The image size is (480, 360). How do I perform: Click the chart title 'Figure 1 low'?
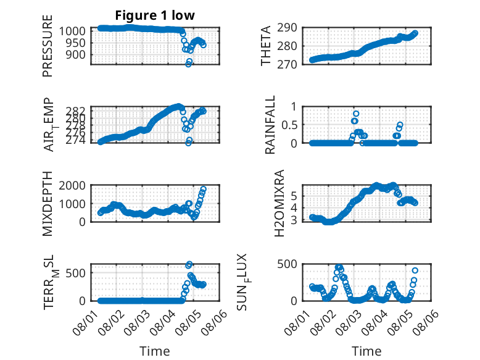pyautogui.click(x=155, y=15)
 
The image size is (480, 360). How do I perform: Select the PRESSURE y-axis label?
pyautogui.click(x=48, y=46)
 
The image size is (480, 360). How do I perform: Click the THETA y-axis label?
pyautogui.click(x=266, y=46)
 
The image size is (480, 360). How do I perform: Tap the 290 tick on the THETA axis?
pyautogui.click(x=287, y=28)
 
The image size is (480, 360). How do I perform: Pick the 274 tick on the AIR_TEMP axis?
pyautogui.click(x=76, y=140)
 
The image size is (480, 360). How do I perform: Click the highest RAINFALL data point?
pyautogui.click(x=356, y=114)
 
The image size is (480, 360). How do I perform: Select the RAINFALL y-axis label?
pyautogui.click(x=270, y=125)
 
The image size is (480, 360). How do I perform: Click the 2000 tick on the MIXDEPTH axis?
pyautogui.click(x=72, y=185)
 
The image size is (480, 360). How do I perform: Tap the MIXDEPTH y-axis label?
pyautogui.click(x=48, y=204)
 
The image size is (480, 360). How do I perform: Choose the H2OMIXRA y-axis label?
pyautogui.click(x=279, y=203)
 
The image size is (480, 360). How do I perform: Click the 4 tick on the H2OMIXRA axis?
pyautogui.click(x=294, y=208)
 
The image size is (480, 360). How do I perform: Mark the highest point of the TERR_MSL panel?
pyautogui.click(x=189, y=264)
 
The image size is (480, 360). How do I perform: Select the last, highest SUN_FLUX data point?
pyautogui.click(x=415, y=270)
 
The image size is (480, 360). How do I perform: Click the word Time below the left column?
pyautogui.click(x=155, y=351)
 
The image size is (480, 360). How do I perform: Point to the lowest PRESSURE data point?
pyautogui.click(x=188, y=64)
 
